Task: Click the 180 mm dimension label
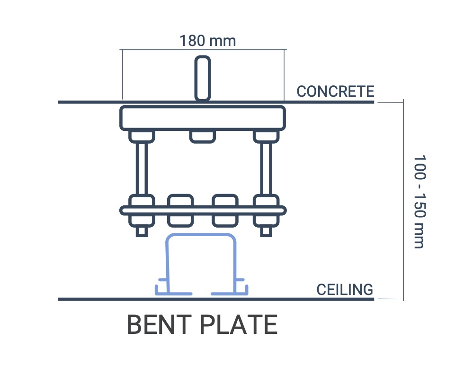point(207,41)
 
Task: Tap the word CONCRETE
point(335,91)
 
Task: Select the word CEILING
point(345,289)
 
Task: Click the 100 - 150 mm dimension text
point(419,201)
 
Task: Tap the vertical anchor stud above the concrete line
point(203,78)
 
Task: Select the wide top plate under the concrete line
point(203,118)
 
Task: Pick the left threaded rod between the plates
point(142,168)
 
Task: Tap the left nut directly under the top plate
point(142,137)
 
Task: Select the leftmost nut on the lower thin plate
point(142,210)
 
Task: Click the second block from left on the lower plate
point(181,210)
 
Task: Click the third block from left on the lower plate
point(224,210)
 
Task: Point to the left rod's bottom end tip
point(142,232)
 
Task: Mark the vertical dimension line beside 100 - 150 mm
point(403,199)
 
